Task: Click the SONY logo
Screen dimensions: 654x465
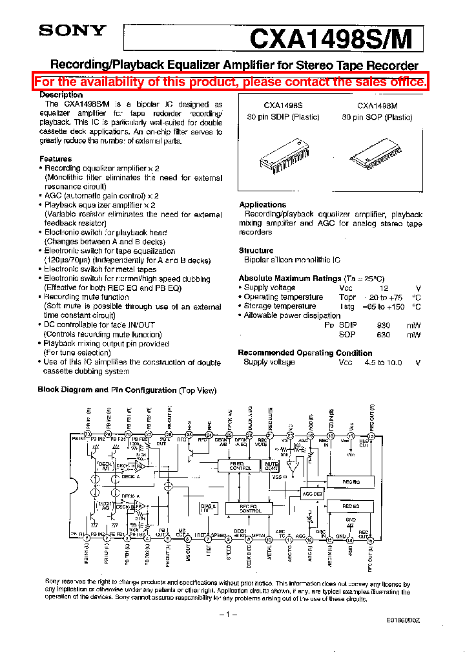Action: pos(72,30)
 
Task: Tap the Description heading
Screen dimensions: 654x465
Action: pos(61,95)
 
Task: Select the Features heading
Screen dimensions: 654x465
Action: pos(56,159)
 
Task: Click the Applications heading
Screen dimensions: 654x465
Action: pos(262,205)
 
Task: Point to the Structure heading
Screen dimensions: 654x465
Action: pos(256,251)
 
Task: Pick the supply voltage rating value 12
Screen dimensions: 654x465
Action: pos(384,288)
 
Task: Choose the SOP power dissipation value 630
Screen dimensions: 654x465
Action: pos(384,335)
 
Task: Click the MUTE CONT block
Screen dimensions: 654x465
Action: pos(272,465)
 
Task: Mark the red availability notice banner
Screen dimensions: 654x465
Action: pos(231,81)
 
